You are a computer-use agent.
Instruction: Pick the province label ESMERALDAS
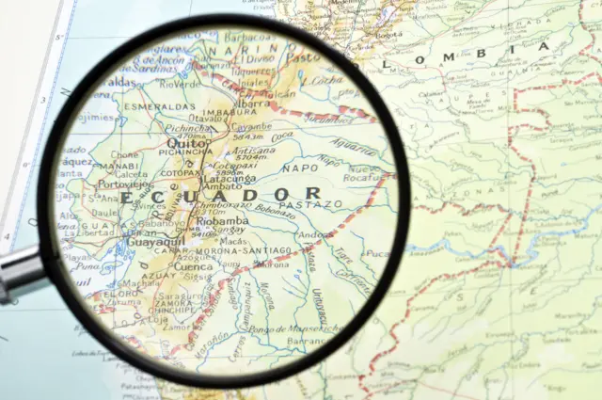(162, 108)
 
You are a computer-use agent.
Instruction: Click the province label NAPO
(299, 167)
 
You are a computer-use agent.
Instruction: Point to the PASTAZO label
(310, 204)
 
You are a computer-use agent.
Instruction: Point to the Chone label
(124, 154)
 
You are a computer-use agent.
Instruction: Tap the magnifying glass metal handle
(19, 274)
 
